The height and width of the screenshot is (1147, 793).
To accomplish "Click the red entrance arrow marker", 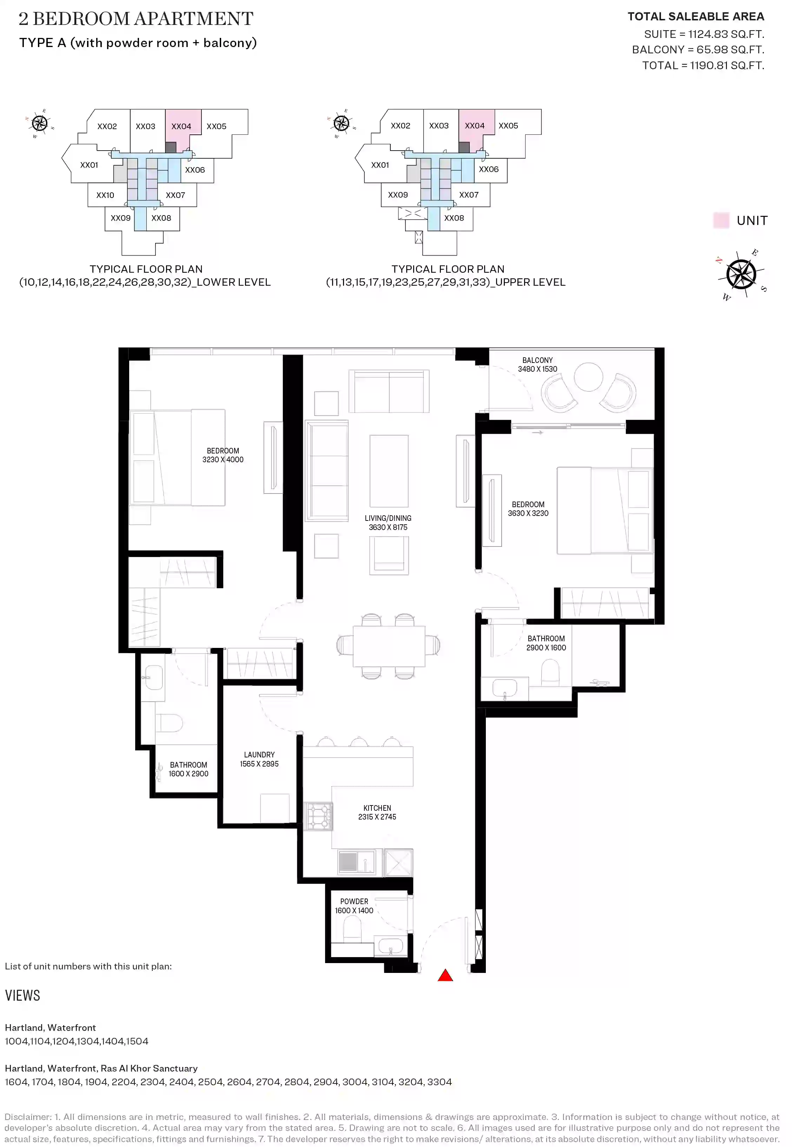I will (445, 976).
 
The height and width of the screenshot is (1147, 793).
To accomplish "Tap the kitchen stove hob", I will (318, 816).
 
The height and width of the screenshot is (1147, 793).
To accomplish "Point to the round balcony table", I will (588, 377).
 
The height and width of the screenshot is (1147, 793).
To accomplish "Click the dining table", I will (389, 646).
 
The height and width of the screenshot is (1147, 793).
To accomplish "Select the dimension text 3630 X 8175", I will (388, 527).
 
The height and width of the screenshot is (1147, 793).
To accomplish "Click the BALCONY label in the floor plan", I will (537, 360).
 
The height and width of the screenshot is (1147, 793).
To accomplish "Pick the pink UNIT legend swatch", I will (721, 220).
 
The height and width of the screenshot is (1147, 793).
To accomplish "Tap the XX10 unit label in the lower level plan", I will (105, 195).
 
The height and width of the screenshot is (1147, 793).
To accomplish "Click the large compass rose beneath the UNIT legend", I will (741, 274).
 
